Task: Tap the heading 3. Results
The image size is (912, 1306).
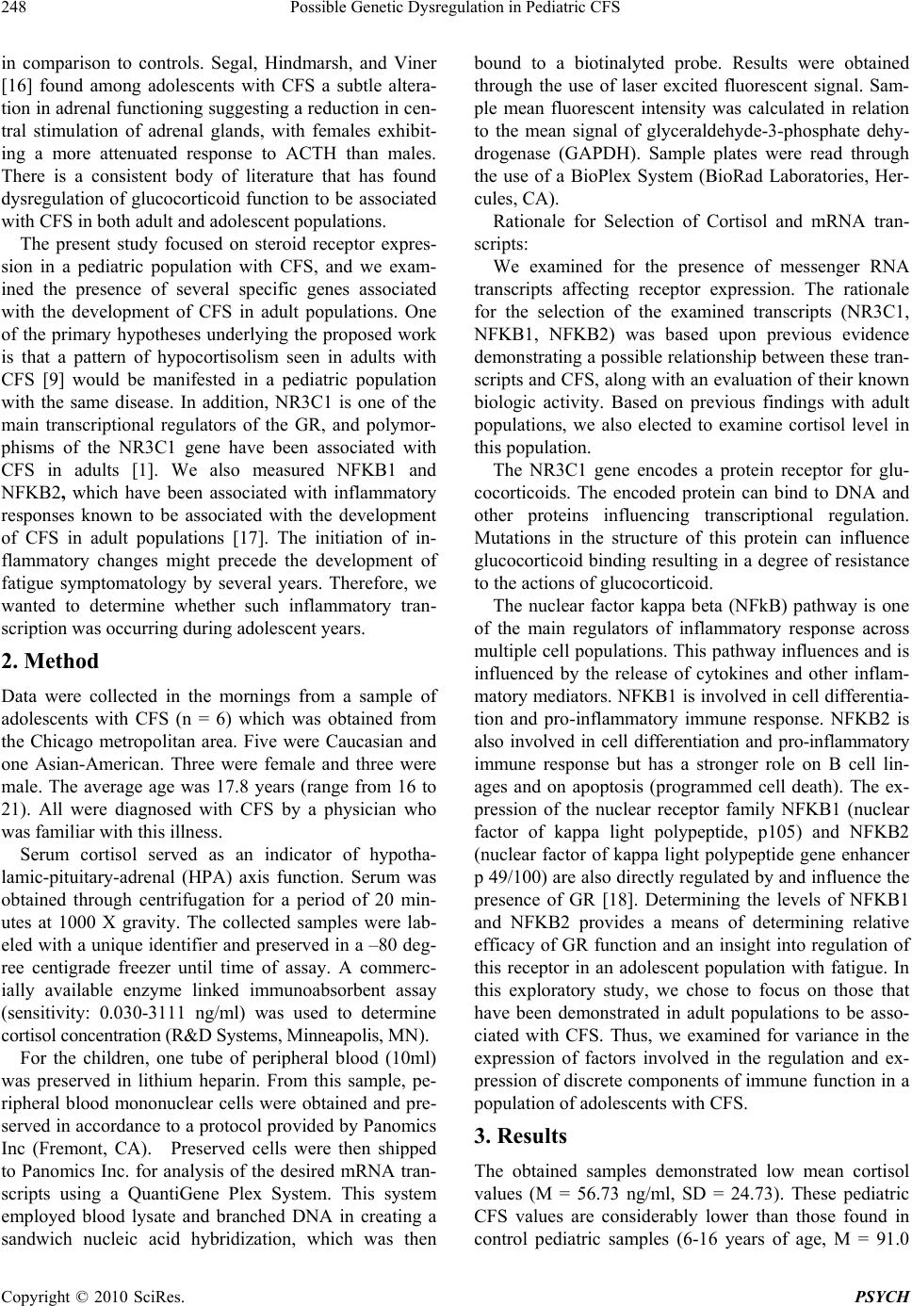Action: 520,1135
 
